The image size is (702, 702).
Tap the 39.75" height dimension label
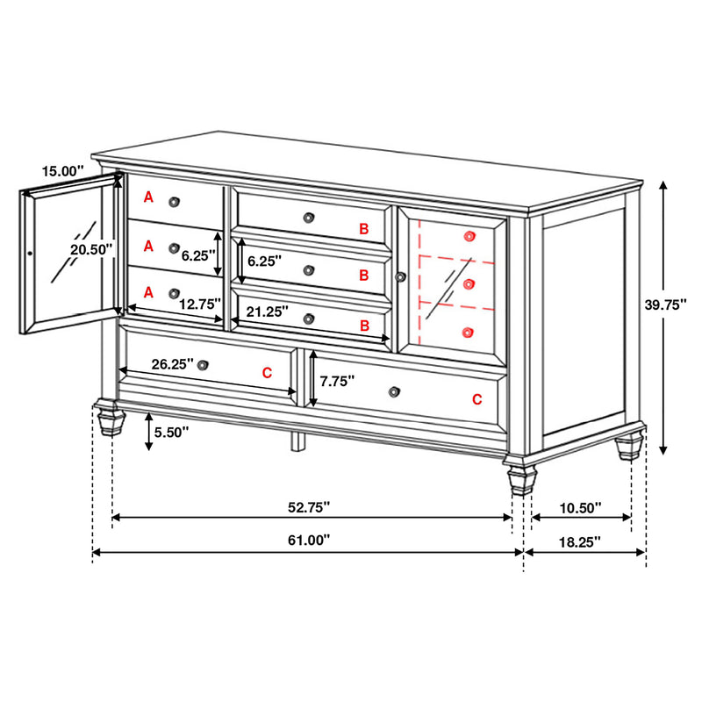tap(665, 304)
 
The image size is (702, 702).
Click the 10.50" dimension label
tap(579, 506)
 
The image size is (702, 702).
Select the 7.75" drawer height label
tap(336, 382)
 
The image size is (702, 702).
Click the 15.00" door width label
tap(62, 171)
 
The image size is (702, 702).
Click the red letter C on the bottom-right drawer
tap(476, 399)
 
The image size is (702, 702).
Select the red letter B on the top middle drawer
tap(363, 229)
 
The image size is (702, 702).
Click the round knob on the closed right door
tap(402, 277)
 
